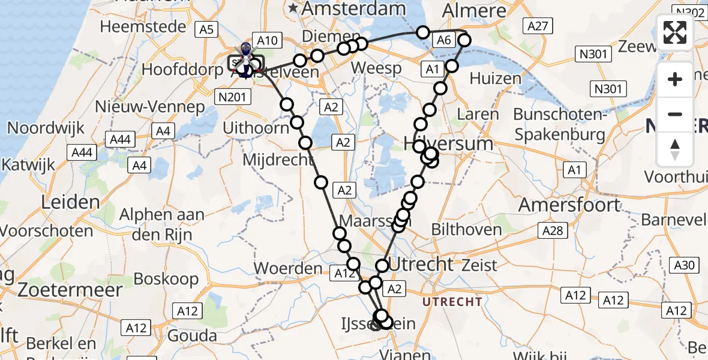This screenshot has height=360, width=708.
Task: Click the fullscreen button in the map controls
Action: click(x=675, y=32)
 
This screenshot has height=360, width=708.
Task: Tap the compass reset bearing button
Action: click(x=675, y=149)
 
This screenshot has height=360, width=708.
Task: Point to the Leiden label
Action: click(x=71, y=202)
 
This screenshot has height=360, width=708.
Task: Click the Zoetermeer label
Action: click(x=70, y=290)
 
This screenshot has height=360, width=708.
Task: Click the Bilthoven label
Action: click(x=467, y=229)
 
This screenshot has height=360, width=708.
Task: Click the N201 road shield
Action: click(x=232, y=94)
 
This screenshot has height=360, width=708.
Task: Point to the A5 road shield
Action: click(x=206, y=29)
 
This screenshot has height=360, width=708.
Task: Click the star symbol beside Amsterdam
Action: click(x=293, y=8)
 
